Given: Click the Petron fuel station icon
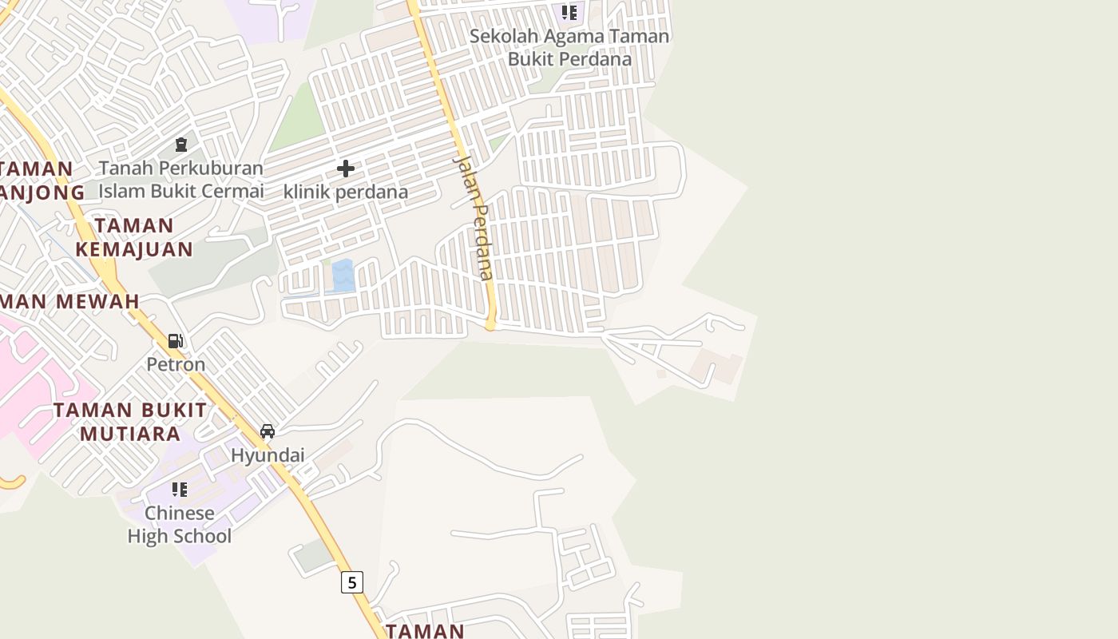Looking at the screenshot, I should pos(175,341).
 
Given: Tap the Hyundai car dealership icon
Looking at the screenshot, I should pos(268,431).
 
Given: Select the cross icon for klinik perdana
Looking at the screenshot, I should pos(346,169).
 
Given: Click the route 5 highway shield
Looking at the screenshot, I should pos(352,582).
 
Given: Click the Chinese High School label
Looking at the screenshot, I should pos(180,524).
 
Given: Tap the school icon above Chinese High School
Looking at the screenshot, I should pos(180,489).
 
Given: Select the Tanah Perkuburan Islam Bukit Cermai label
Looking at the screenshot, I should pos(181,180).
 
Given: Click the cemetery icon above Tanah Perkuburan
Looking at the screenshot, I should pos(181,145).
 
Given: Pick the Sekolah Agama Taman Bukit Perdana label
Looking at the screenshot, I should pos(569,47).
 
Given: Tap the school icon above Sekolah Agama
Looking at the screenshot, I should pos(569,12).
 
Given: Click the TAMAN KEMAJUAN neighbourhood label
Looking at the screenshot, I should pos(134,237).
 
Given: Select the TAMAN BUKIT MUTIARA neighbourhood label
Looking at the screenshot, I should pos(129,422).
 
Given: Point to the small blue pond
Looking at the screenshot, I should pos(343,276).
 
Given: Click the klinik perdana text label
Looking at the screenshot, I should pos(346,192).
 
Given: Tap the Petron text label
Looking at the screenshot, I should pos(176,364).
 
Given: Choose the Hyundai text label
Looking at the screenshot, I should pos(268,455).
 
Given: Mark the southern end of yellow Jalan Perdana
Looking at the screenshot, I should pos(491,325).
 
